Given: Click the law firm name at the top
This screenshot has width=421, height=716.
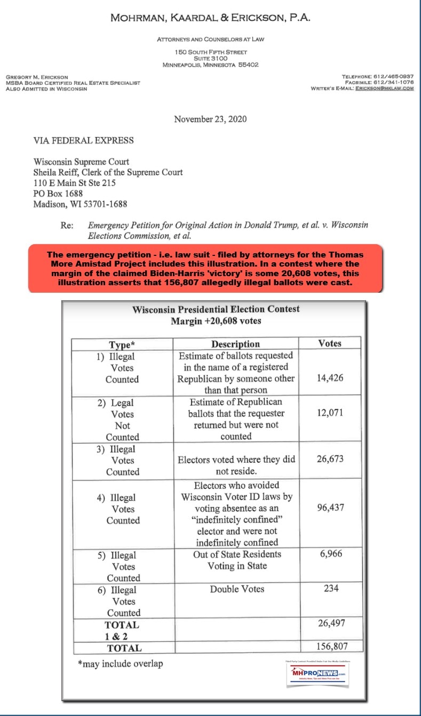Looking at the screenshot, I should [210, 18].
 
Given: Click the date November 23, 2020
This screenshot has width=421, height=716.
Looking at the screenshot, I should [210, 119].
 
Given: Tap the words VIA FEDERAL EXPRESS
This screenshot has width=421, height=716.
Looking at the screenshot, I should [84, 141].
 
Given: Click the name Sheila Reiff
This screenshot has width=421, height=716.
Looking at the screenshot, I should [57, 172].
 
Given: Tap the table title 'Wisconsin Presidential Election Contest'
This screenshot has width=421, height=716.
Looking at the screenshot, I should [216, 309].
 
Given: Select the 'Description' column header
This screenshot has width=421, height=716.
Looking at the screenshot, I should [235, 344].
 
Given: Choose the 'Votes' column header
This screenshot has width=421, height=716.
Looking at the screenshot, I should [329, 344].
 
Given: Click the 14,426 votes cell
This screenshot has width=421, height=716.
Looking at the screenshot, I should [329, 378].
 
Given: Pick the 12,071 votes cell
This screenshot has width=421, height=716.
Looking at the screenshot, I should [329, 413].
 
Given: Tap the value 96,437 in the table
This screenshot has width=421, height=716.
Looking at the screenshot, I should [329, 508].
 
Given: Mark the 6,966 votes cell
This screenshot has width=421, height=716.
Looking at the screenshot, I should [331, 554].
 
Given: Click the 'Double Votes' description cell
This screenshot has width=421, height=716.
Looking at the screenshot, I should [236, 589].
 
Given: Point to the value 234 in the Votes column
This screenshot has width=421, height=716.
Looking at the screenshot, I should [331, 589].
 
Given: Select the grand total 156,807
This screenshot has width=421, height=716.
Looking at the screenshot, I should [331, 647].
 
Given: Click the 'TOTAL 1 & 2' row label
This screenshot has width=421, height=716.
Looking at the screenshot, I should [122, 630].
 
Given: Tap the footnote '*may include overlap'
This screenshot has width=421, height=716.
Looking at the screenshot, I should [120, 664].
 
